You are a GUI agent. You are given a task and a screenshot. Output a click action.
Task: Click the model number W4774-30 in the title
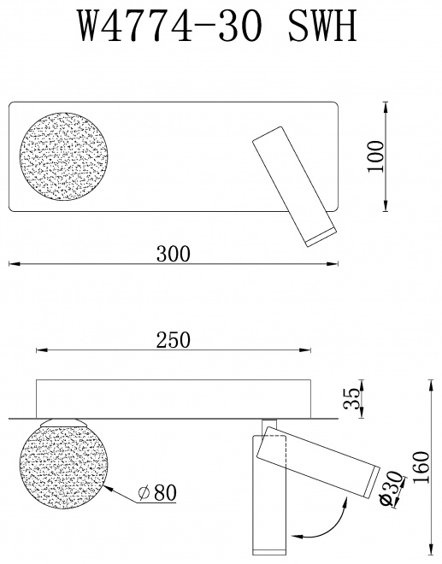pos(168,25)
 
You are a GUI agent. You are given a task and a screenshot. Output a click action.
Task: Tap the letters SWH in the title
pos(322,25)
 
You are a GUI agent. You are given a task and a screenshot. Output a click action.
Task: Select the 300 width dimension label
pos(174,254)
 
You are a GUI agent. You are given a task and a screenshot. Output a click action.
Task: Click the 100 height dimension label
pos(376,157)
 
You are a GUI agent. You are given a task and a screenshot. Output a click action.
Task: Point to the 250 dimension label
pos(173,340)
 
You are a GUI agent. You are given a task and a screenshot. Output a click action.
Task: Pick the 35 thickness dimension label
pos(351,398)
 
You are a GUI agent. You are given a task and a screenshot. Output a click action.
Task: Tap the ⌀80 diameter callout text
pos(157,492)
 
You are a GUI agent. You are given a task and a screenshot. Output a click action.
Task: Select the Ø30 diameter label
pos(392,489)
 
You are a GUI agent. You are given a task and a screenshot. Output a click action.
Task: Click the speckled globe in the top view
pos(63,156)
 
